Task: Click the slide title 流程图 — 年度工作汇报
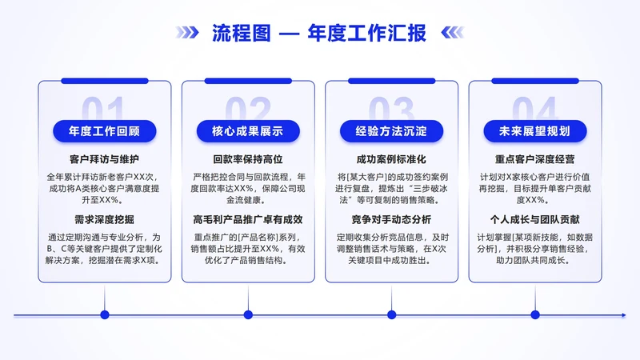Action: coord(318,33)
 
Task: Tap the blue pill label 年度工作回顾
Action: coord(104,130)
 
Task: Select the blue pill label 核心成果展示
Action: coord(247,130)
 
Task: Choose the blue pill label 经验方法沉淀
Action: coord(391,130)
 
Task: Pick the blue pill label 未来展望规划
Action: coord(534,130)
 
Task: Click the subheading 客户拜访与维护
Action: coord(104,159)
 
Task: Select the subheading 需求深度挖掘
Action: coord(104,218)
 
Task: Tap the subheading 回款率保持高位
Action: coord(247,159)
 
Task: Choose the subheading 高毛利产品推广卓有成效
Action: coord(247,218)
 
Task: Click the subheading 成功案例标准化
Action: coord(391,159)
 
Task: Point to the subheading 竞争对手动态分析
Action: coord(391,218)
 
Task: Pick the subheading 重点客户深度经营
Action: coord(534,159)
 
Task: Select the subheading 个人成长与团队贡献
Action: coord(534,218)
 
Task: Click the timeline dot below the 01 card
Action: coord(104,315)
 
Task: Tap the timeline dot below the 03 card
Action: coord(391,315)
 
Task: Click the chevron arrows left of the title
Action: coord(187,33)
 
